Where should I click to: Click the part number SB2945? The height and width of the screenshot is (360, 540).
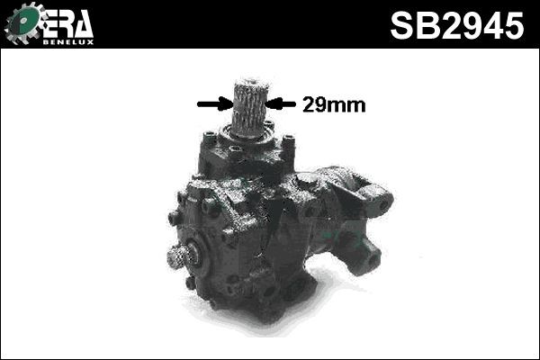coord(456,25)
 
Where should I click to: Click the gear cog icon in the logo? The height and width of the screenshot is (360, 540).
coord(22,23)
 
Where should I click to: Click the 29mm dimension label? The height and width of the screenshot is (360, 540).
coord(333,104)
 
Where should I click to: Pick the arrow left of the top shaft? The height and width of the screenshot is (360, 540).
coord(213,103)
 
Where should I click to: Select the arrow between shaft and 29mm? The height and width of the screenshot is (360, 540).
coord(282,103)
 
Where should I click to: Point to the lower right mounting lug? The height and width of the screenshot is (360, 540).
coord(365,257)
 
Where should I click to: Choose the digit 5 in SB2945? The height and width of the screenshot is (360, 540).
coord(511,25)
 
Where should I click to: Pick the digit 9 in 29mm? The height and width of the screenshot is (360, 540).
coord(321,104)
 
